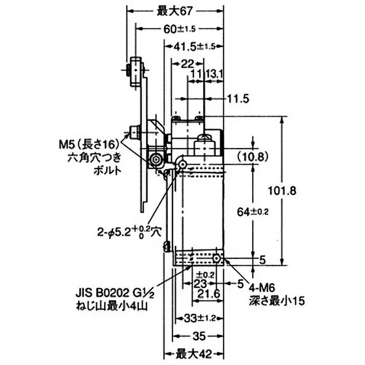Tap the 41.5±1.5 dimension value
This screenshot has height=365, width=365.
point(194,46)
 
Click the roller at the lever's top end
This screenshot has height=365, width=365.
point(136,69)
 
